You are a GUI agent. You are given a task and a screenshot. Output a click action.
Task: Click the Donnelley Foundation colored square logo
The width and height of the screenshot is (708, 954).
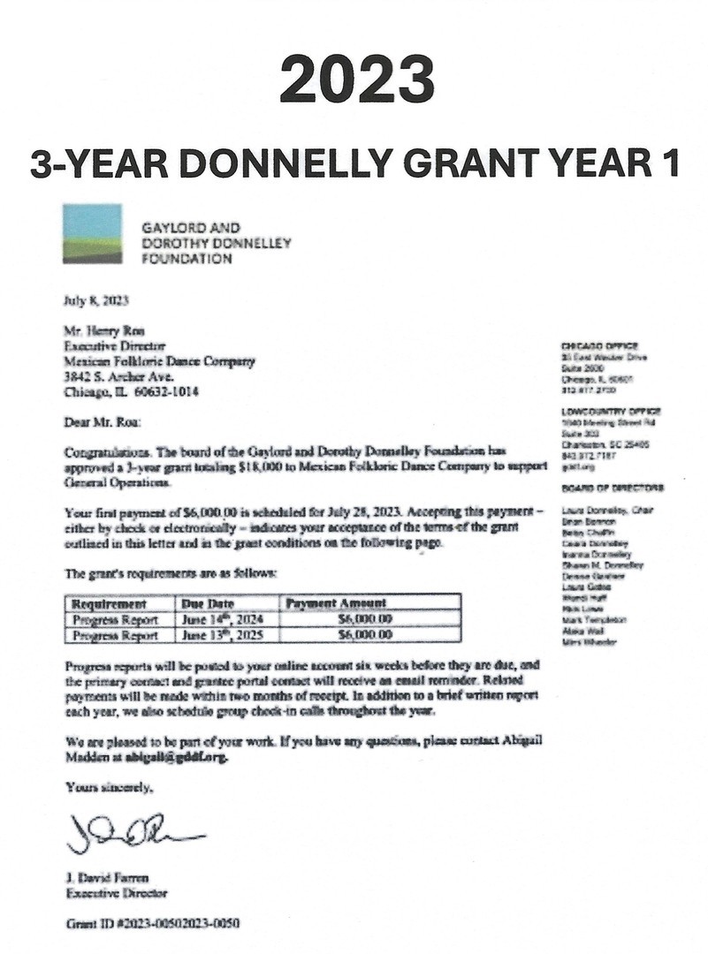click(x=92, y=233)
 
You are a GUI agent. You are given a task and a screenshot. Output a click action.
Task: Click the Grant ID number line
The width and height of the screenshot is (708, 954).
click(x=152, y=924)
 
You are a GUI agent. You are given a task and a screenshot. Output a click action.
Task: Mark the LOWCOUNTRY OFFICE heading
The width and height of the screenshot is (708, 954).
click(x=611, y=412)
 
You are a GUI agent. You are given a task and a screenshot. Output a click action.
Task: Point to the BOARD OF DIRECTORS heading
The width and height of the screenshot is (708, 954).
click(x=613, y=488)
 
